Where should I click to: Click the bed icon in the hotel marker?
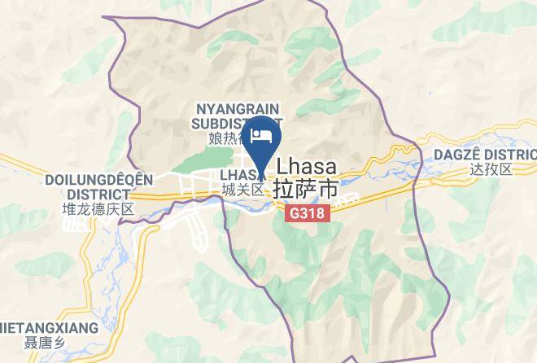(x=262, y=136)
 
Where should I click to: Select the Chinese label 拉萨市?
(x=307, y=187)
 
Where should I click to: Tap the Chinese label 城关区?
(x=242, y=189)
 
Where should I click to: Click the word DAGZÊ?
(x=461, y=155)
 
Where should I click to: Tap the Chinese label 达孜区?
(x=491, y=169)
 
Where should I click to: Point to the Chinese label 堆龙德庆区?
(x=98, y=209)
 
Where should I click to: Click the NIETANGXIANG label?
(x=49, y=328)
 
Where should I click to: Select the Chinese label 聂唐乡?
(x=43, y=343)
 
